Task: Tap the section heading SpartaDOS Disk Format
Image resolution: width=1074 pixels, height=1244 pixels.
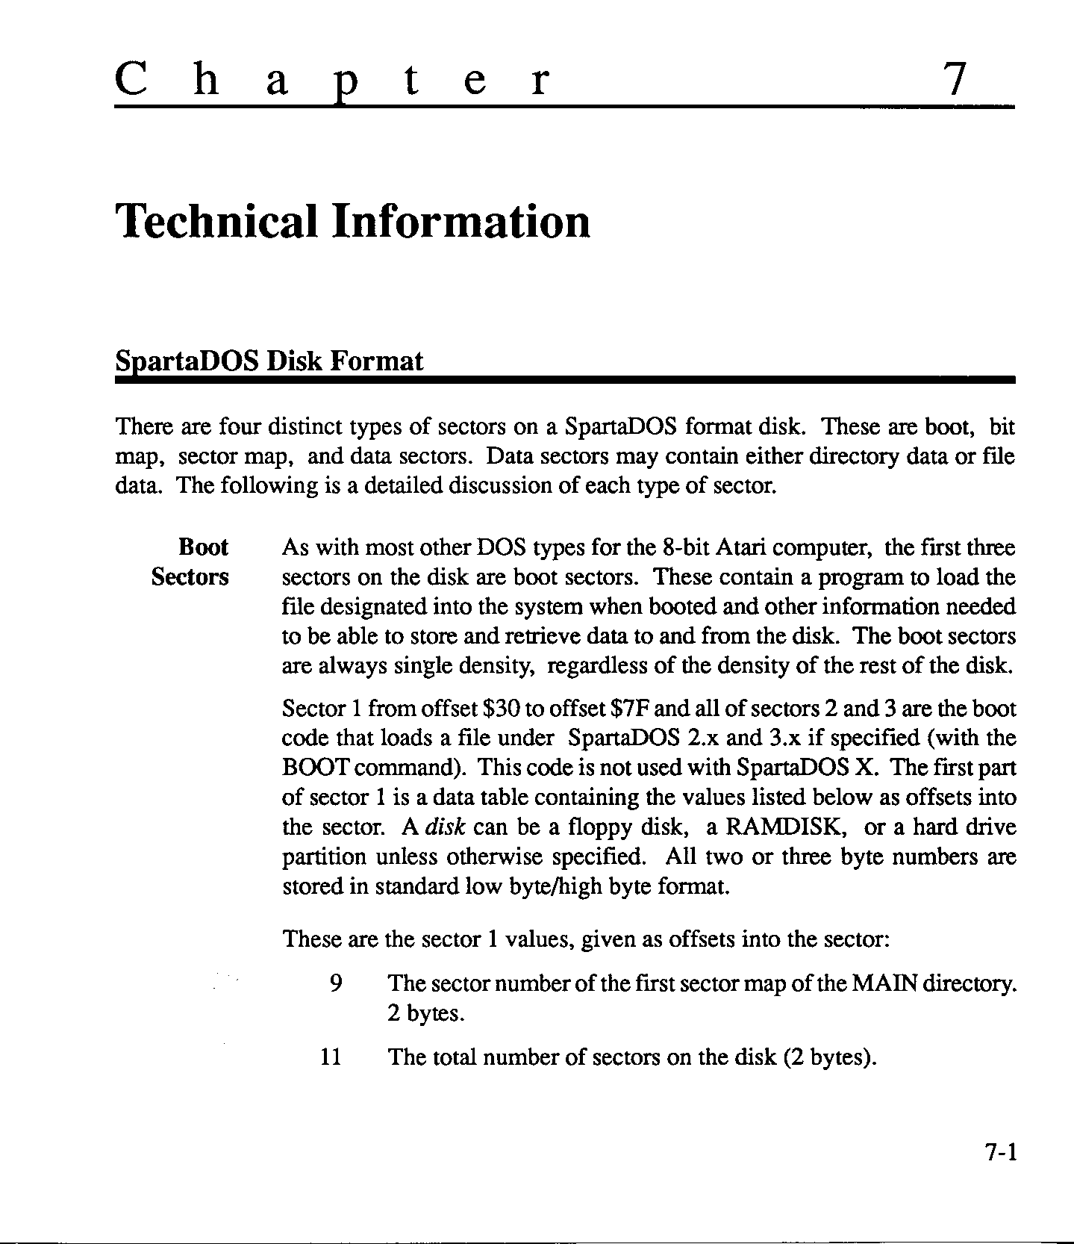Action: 269,361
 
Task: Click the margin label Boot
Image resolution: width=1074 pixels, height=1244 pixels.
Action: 203,547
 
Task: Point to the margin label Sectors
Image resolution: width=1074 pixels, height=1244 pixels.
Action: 190,577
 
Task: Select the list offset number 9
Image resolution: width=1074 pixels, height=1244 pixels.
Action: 335,983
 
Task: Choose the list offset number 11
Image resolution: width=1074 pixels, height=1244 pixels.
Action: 330,1057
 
